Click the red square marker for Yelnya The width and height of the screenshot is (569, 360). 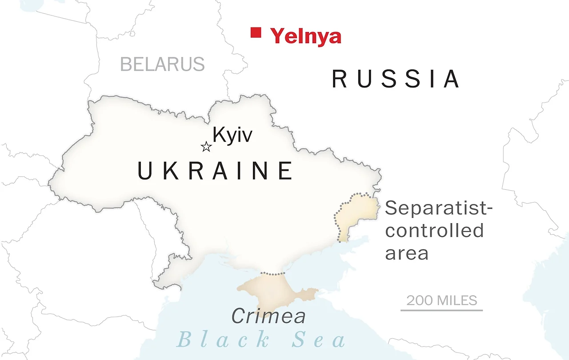point(256,32)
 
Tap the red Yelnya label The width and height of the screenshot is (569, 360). point(306,36)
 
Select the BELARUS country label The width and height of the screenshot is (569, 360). point(162,64)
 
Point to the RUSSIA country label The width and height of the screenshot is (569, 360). point(396,80)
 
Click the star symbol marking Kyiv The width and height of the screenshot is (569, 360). point(206,147)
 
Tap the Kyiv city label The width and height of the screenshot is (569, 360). point(232,135)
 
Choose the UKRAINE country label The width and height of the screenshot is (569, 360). point(215,171)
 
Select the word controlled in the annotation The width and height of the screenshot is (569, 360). point(434,231)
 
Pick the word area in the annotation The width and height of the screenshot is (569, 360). point(407,253)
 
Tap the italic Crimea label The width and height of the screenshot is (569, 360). point(268,316)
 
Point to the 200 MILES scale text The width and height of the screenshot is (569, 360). point(442,300)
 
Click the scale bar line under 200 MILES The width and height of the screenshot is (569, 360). point(441,310)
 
